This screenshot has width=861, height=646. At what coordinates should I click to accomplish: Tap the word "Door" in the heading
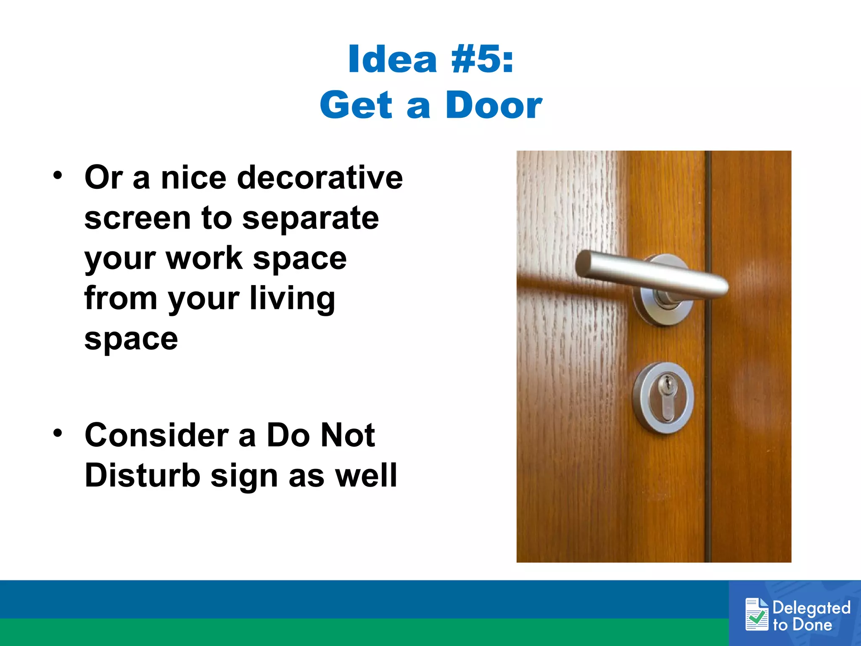tap(494, 105)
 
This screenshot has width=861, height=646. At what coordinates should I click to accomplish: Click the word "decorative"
tap(320, 177)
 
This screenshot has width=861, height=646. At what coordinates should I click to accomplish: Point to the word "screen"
tap(137, 218)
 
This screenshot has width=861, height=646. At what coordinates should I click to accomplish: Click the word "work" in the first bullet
tap(204, 258)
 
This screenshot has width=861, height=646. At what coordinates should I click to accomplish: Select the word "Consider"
tap(156, 435)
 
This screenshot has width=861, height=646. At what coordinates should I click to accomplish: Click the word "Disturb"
tap(143, 476)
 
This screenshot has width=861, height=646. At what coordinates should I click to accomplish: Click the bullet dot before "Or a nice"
tap(58, 175)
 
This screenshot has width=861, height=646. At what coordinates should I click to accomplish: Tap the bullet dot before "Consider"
tap(58, 433)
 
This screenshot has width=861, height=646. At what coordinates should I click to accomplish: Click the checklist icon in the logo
tap(757, 614)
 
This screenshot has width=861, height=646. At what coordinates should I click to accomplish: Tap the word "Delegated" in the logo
tap(811, 608)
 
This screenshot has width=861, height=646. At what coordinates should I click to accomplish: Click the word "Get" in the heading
tap(356, 105)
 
